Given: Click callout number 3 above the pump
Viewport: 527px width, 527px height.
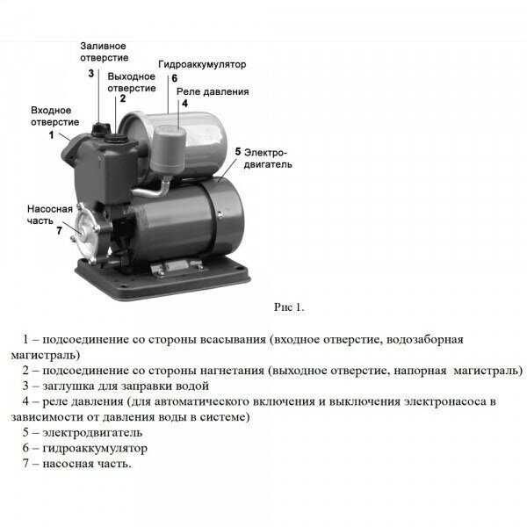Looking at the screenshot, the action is click(x=91, y=73).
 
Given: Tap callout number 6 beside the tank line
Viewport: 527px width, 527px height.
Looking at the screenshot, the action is click(x=175, y=78).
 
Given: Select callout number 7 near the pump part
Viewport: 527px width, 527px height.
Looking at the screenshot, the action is click(x=59, y=230).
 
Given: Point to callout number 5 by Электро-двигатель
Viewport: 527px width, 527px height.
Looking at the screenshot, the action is click(x=238, y=152).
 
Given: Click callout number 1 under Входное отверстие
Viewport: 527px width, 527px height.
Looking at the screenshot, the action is click(x=51, y=134).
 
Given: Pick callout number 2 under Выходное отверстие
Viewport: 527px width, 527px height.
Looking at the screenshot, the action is click(x=123, y=98).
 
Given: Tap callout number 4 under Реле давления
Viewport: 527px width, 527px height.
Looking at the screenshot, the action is click(x=184, y=103).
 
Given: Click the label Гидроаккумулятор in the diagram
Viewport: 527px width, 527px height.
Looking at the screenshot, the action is click(x=202, y=64).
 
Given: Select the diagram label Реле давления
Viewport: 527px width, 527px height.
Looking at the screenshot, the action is click(x=213, y=91).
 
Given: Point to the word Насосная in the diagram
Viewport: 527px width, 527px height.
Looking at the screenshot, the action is click(x=50, y=209).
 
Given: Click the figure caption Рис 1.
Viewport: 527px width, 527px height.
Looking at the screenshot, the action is click(x=289, y=307).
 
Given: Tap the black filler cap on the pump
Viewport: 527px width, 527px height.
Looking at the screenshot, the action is click(x=101, y=128).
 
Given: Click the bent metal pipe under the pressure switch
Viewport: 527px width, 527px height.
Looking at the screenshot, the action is click(x=153, y=191).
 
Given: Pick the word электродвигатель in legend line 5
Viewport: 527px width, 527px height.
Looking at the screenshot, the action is click(x=92, y=432).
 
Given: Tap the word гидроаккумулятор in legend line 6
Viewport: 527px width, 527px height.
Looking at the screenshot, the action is click(x=95, y=448).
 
